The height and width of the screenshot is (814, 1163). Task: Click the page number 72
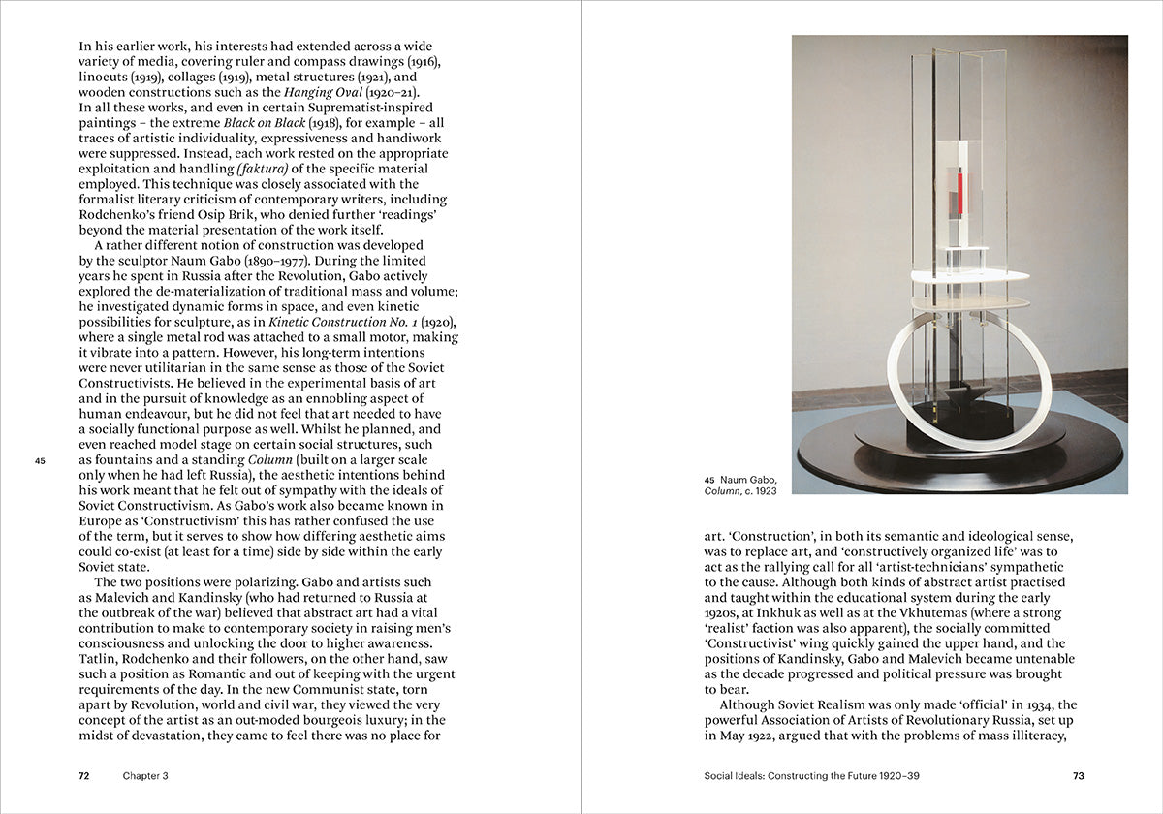coord(83,775)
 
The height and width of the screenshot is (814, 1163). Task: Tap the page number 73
coord(1079,775)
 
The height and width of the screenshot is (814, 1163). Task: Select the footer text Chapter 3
coord(145,775)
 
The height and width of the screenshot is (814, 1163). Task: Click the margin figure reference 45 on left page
coord(40,460)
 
